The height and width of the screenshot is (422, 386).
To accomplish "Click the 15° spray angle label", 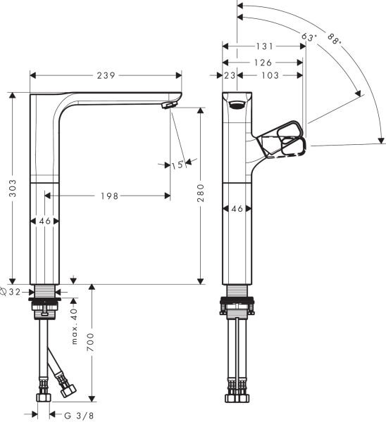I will click(x=178, y=165).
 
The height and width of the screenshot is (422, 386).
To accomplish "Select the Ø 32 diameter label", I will click(x=15, y=290).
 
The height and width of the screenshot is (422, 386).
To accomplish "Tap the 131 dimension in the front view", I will click(x=264, y=46).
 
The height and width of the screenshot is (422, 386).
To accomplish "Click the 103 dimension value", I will click(x=270, y=75).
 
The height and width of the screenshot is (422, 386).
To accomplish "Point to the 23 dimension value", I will click(x=230, y=75).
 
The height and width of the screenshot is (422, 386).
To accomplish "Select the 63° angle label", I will click(x=307, y=36).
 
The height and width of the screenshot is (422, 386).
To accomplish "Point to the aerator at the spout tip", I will click(x=168, y=105).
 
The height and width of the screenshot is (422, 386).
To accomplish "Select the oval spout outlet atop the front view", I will click(x=238, y=106).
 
